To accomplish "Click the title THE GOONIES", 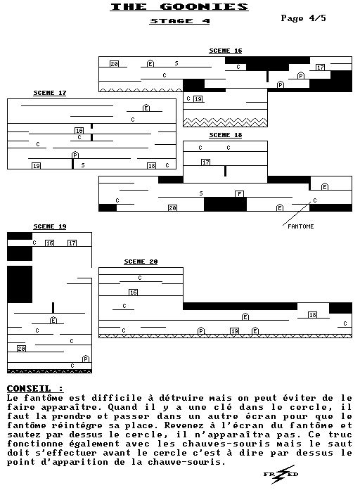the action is pyautogui.click(x=179, y=6).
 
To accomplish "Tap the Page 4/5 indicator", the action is pyautogui.click(x=303, y=18).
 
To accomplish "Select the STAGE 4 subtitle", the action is pyautogui.click(x=180, y=21).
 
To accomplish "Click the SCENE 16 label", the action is pyautogui.click(x=226, y=51).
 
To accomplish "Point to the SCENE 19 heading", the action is pyautogui.click(x=50, y=226).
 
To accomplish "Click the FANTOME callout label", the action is pyautogui.click(x=301, y=226).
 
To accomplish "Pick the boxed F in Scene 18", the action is pyautogui.click(x=239, y=193).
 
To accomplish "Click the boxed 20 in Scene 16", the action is pyautogui.click(x=115, y=64).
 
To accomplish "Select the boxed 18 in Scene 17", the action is pyautogui.click(x=152, y=166).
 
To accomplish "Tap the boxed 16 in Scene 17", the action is pyautogui.click(x=79, y=130).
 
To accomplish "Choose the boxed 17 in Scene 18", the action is pyautogui.click(x=205, y=162).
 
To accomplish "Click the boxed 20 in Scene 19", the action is pyautogui.click(x=21, y=349).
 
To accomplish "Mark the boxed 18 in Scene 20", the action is pyautogui.click(x=312, y=315).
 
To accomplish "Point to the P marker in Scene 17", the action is pyautogui.click(x=75, y=155).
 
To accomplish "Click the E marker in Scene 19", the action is pyautogui.click(x=53, y=320).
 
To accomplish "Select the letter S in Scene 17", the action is pyautogui.click(x=83, y=165).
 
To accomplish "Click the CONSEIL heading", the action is pyautogui.click(x=34, y=388).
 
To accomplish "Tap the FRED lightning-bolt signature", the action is pyautogui.click(x=281, y=474).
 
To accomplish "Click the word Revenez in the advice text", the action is pyautogui.click(x=185, y=425).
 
